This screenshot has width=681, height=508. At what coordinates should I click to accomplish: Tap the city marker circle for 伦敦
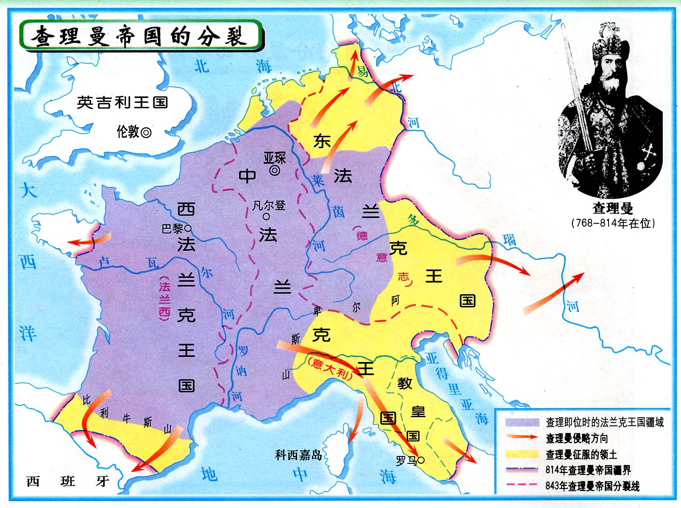click(x=146, y=132)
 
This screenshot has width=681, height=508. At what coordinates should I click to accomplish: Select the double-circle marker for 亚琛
click(x=275, y=171)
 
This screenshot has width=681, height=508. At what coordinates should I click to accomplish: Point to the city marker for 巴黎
click(x=189, y=228)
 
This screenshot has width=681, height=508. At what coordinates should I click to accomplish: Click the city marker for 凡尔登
click(x=266, y=216)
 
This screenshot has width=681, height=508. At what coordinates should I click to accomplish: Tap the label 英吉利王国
click(x=122, y=102)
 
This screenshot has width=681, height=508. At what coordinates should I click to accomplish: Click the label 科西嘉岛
click(x=298, y=455)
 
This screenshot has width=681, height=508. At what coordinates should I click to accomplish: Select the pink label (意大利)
click(x=330, y=368)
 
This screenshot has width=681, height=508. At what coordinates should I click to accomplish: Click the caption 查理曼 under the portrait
click(x=612, y=208)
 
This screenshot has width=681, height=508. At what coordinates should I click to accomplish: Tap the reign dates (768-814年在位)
click(x=613, y=223)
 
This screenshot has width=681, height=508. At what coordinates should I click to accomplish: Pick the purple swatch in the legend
click(x=522, y=422)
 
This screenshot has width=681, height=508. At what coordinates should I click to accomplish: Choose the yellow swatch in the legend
click(x=522, y=454)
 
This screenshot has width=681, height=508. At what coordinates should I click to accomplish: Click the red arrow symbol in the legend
click(x=522, y=438)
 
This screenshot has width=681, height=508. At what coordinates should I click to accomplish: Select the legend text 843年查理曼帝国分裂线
click(x=592, y=486)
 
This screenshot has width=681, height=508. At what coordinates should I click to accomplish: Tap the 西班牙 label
click(x=68, y=481)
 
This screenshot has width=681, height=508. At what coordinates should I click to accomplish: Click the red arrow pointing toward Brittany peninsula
click(x=87, y=241)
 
